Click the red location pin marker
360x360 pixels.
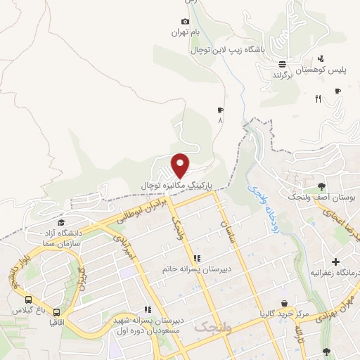[181, 165]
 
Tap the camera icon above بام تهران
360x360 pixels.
[185, 22]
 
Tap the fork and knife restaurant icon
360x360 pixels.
[318, 99]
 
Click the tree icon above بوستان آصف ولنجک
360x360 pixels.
[321, 186]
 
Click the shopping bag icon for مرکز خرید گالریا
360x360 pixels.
[283, 304]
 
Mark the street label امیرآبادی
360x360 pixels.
[124, 245]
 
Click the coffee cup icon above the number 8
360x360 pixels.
[220, 110]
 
